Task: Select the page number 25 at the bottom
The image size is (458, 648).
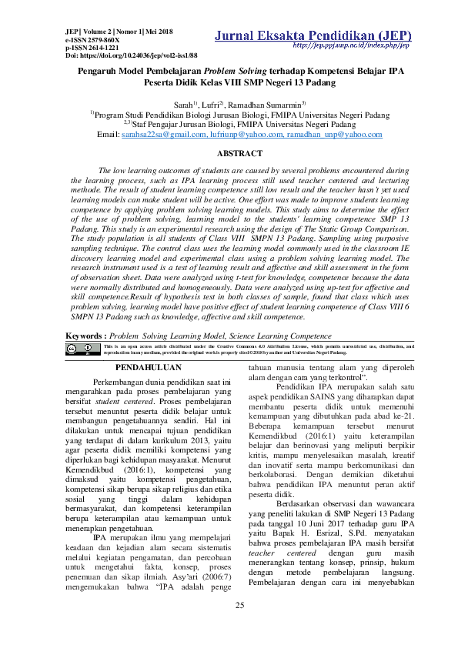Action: pyautogui.click(x=239, y=606)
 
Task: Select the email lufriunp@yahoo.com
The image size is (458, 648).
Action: pyautogui.click(x=241, y=134)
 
